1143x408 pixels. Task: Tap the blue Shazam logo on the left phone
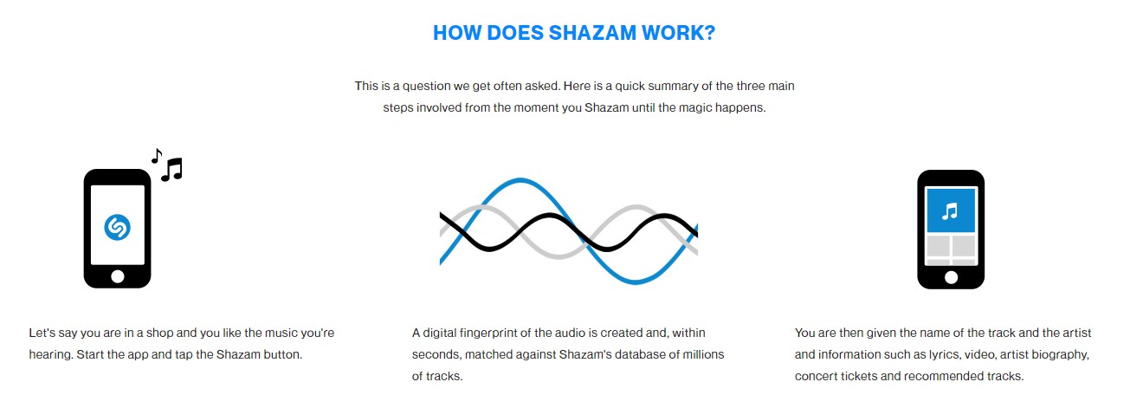(x=117, y=227)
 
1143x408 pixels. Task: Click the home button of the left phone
(x=117, y=276)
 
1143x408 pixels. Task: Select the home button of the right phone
(x=951, y=277)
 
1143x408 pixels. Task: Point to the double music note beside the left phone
(x=171, y=168)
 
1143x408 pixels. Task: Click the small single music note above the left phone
(x=156, y=155)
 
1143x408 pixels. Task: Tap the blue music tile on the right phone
(x=951, y=210)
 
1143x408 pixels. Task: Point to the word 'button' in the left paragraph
(x=282, y=354)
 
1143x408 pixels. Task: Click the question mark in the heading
(x=709, y=34)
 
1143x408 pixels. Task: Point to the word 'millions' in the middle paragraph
(x=702, y=354)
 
